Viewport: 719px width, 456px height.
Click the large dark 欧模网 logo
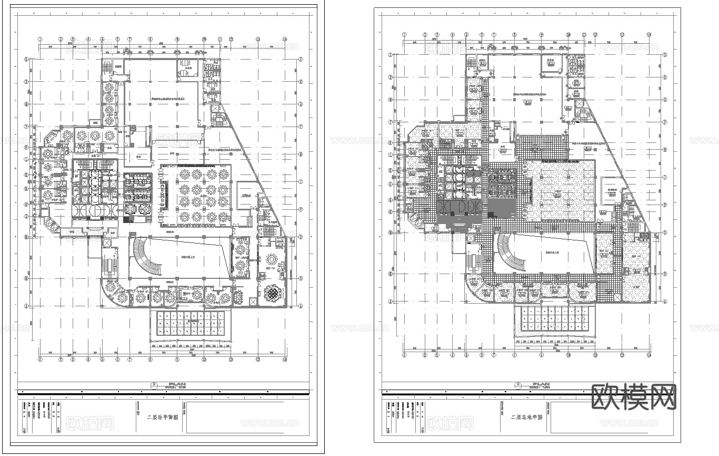click(x=634, y=397)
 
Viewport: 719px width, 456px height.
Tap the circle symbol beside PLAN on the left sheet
click(x=154, y=385)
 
